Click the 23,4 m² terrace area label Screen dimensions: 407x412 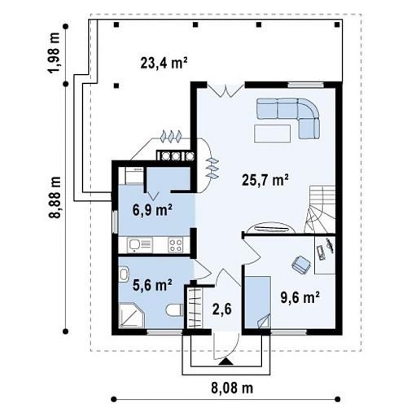click(x=164, y=64)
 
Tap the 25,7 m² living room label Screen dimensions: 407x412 click(x=265, y=180)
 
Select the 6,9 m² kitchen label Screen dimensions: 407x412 click(x=152, y=209)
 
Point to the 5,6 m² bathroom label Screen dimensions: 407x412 click(x=152, y=285)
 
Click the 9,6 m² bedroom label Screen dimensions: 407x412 click(x=300, y=297)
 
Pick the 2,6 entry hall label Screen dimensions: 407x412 click(x=221, y=309)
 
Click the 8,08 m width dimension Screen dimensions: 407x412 click(x=232, y=388)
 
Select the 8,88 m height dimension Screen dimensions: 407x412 click(x=55, y=197)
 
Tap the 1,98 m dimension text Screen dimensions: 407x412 click(x=55, y=54)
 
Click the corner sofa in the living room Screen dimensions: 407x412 click(x=288, y=117)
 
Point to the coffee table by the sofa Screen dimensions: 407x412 click(x=272, y=134)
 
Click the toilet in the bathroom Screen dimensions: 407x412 click(x=174, y=310)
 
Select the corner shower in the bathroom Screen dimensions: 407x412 click(x=131, y=315)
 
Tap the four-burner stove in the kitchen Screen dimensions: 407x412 click(x=175, y=245)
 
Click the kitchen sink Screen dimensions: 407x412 click(x=140, y=245)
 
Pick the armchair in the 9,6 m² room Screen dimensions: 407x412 click(x=301, y=264)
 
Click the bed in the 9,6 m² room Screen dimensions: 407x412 click(x=258, y=302)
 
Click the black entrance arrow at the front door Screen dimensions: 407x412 click(x=225, y=362)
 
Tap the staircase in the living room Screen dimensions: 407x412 click(x=320, y=209)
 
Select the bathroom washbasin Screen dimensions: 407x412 click(x=124, y=274)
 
